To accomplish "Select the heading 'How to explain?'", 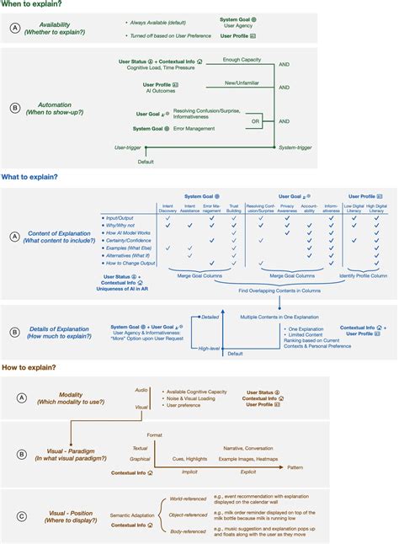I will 29,368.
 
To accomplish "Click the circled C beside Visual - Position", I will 19,506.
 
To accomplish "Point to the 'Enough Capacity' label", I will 242,60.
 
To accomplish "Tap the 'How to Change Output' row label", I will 130,264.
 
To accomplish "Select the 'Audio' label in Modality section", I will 141,390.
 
